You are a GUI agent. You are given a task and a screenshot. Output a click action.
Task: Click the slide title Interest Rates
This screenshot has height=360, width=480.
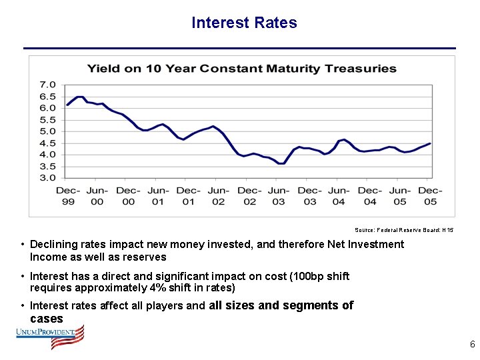tap(244, 23)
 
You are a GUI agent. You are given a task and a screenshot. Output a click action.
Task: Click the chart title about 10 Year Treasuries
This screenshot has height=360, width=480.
tap(242, 69)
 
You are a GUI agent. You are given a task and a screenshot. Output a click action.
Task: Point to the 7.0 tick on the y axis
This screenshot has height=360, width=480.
tap(48, 85)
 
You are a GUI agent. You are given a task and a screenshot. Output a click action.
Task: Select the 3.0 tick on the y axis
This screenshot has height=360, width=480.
tap(48, 178)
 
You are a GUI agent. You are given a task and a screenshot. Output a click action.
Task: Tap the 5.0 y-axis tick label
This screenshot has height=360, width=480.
tap(48, 131)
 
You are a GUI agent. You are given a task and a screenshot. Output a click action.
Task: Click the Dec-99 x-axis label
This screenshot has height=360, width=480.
tap(67, 196)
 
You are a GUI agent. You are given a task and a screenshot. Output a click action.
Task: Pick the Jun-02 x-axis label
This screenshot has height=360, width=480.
tap(218, 196)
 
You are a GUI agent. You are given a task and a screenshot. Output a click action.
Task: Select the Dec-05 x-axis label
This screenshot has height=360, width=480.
tap(430, 196)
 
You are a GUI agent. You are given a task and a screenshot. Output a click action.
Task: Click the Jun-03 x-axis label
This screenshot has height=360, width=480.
tap(279, 196)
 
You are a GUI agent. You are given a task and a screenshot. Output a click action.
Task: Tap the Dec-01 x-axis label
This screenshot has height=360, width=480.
tap(188, 196)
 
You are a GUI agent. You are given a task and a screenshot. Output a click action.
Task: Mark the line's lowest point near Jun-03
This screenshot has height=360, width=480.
tap(281, 163)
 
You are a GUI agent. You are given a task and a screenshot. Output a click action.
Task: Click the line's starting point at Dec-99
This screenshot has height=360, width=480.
tap(67, 105)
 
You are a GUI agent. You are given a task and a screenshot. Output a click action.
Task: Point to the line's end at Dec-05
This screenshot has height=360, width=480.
tap(430, 143)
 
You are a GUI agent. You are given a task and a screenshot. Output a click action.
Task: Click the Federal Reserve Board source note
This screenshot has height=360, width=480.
tap(404, 229)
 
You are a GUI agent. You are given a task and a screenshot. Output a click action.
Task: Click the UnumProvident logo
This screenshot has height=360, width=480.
tap(51, 337)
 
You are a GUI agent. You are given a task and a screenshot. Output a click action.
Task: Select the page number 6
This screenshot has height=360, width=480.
tap(472, 345)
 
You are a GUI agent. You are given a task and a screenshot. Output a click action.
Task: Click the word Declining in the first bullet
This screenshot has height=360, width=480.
tap(51, 245)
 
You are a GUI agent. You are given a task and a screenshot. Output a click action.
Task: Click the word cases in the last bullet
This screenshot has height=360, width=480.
tap(47, 319)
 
